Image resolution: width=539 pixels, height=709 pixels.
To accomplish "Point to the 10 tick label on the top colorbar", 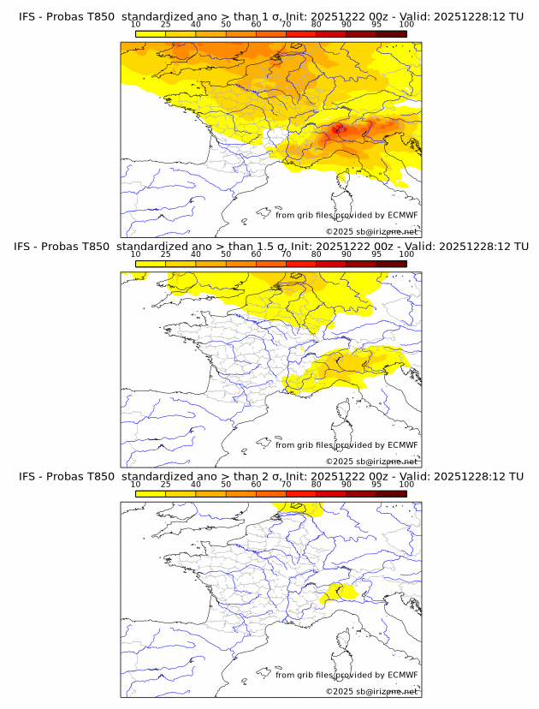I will (x=135, y=25).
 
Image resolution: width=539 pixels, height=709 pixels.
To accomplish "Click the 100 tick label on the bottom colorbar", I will (x=406, y=485).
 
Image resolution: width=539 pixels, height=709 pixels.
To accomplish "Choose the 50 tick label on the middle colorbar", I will (x=226, y=254).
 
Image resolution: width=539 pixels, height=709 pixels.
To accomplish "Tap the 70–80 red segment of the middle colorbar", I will (x=301, y=264).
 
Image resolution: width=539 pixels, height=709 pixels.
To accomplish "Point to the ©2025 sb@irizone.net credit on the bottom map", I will (x=371, y=692).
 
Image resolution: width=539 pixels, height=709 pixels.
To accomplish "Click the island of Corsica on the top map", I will (x=347, y=184).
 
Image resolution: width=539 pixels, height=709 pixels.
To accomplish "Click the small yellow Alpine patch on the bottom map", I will (x=342, y=591).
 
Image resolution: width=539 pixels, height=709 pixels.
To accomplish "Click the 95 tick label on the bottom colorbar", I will (x=376, y=485).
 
